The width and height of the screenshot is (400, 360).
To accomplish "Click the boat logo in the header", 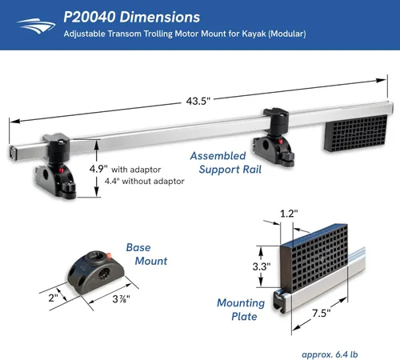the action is pos(36,26).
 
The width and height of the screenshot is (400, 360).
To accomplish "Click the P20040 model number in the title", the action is pos(90,17).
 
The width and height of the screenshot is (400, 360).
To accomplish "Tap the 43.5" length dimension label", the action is pos(198,101).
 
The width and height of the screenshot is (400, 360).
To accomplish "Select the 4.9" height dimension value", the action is pos(98,169).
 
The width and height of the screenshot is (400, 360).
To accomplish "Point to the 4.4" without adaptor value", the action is pos(112,181).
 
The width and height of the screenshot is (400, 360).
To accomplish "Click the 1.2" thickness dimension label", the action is pos(289,214).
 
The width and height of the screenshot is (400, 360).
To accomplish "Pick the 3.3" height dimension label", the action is pos(262,266).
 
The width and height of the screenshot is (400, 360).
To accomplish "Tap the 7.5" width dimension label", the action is pos(321,313).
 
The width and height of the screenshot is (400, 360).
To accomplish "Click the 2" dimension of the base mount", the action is pos(53,298).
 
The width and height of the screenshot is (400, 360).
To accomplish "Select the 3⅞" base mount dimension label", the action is pos(121,299).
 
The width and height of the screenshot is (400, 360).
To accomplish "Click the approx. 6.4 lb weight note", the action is pos(330,354).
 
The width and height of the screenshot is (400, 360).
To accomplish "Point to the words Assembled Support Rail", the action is pos(226,162).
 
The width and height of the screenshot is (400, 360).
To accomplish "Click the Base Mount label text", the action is pos(146,254).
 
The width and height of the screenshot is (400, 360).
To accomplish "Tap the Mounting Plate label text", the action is pos(241,310).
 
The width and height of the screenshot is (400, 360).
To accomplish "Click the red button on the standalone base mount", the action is pos(109,256).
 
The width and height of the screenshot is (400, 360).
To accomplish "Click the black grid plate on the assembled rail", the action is pos(355,133).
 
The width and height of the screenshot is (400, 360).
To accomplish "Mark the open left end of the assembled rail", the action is pos(13,153).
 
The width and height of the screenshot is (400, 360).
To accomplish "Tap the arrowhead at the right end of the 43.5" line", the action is pos(381,80).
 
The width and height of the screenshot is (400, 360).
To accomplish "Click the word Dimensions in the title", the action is pos(160,17).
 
